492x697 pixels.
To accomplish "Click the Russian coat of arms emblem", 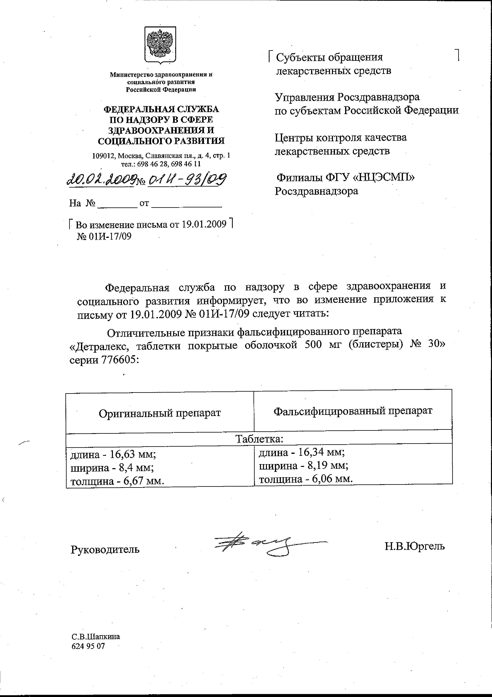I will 160,45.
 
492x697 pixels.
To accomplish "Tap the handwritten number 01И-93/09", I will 187,180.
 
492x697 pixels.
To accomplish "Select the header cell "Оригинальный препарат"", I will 159,413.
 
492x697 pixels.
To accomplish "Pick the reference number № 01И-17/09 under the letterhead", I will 104,236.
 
